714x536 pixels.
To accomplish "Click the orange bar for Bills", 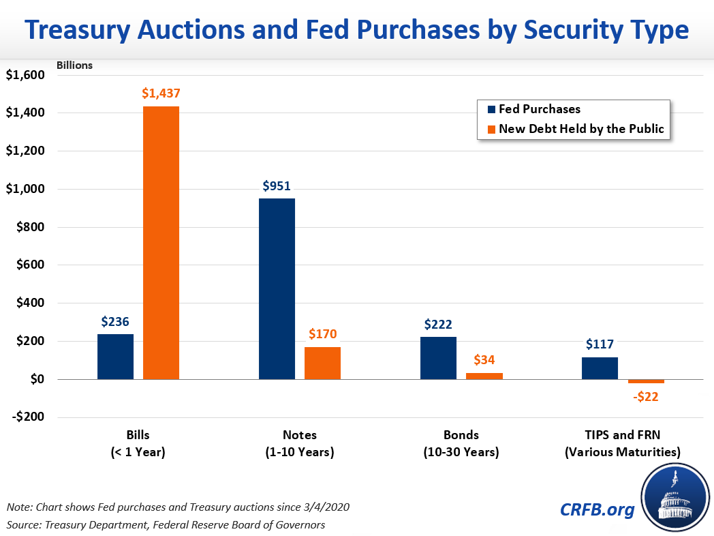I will point(161,242).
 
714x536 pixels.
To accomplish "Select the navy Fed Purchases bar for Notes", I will point(277,288).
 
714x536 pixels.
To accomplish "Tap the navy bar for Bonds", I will point(438,357).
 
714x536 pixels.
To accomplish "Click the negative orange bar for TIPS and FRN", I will point(646,381).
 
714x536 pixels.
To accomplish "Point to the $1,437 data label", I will point(161,94).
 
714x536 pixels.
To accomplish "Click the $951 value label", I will point(277,186).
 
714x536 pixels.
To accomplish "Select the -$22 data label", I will point(645,396).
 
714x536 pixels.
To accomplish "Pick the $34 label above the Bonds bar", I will point(484,360).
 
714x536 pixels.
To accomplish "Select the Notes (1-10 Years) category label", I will point(300,443).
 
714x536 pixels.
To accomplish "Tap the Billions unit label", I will point(74,65).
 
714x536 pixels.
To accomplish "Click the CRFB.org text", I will point(597,509).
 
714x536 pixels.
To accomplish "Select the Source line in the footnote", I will point(166,524).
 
